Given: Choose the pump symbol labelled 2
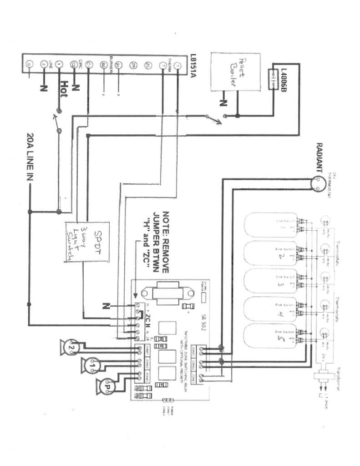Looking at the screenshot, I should pyautogui.click(x=71, y=347).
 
